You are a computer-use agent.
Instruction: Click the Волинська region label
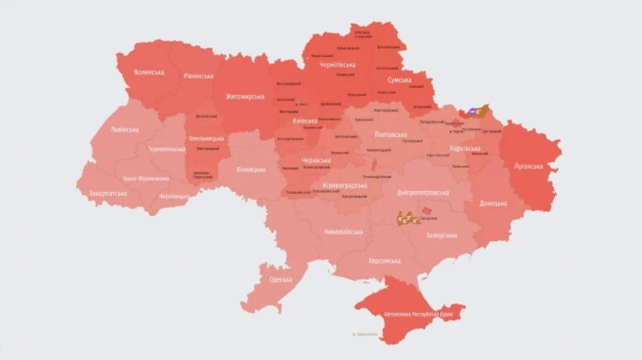[x=150, y=72]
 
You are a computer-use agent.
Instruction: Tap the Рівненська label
[x=198, y=76]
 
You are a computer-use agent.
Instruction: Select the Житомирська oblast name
[x=245, y=96]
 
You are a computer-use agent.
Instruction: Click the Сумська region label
[x=399, y=80]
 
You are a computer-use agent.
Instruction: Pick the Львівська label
[x=125, y=129]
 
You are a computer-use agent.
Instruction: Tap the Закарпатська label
[x=108, y=193]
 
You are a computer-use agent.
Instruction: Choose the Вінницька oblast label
[x=251, y=170]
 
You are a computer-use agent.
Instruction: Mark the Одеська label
[x=281, y=279]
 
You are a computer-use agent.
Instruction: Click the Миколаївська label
[x=343, y=232]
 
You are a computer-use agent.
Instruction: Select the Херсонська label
[x=384, y=261]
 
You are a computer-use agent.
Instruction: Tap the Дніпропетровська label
[x=424, y=192]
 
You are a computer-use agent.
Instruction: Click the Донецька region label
[x=493, y=202]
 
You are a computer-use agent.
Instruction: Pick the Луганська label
[x=529, y=166]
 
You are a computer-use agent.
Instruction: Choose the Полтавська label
[x=391, y=134]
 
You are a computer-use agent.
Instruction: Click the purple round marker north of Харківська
[x=472, y=112]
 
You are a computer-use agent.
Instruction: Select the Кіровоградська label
[x=345, y=185]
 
